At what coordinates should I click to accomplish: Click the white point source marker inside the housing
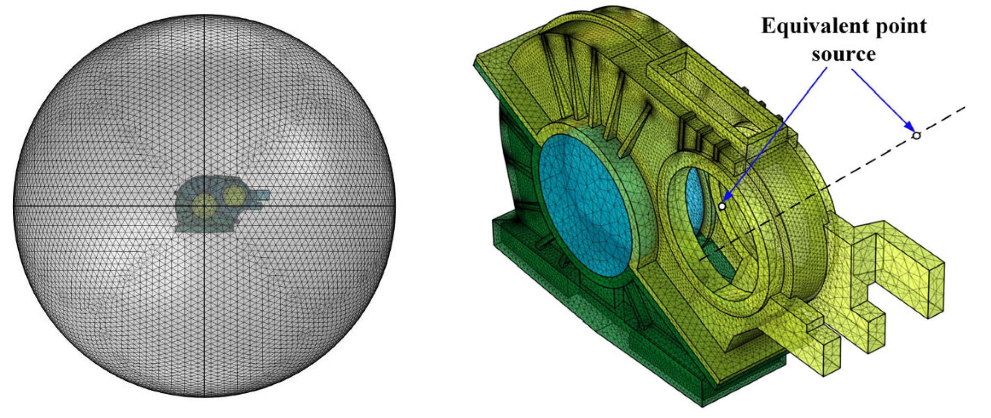pos(722,206)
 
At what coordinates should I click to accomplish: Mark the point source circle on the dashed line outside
pos(916,135)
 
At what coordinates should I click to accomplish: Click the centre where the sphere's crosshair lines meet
pos(204,206)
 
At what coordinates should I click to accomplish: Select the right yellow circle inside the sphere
pos(234,196)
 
